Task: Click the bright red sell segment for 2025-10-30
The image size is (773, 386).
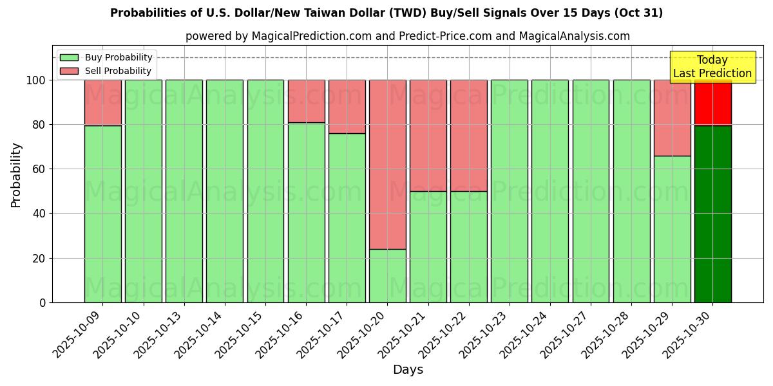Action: [x=712, y=103]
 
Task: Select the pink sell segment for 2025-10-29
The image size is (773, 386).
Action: [x=672, y=118]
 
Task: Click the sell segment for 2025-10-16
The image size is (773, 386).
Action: [x=306, y=101]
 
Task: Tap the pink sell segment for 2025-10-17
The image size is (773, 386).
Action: [x=347, y=107]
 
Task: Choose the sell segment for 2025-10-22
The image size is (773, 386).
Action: [x=468, y=136]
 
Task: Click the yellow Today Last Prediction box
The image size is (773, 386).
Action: [x=712, y=67]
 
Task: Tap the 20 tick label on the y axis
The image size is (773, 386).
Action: [x=40, y=259]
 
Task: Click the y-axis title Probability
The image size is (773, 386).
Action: [x=16, y=174]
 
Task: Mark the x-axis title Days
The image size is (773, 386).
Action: [x=408, y=370]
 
